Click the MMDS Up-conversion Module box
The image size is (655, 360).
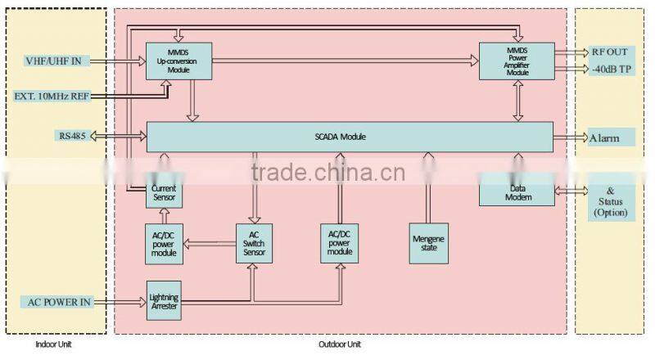pyautogui.click(x=178, y=61)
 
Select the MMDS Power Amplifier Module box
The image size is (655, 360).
pyautogui.click(x=517, y=61)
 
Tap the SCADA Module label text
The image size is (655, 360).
pyautogui.click(x=340, y=137)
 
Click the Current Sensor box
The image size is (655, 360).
pyautogui.click(x=165, y=193)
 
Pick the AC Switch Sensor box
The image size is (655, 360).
pyautogui.click(x=254, y=244)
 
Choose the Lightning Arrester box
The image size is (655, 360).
pyautogui.click(x=164, y=301)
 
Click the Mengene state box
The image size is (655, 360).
pyautogui.click(x=428, y=244)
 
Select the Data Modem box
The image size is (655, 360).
pyautogui.click(x=517, y=193)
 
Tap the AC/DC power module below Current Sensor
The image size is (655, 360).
pyautogui.click(x=164, y=244)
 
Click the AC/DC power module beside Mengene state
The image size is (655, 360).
pyautogui.click(x=339, y=244)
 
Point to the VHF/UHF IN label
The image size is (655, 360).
pyautogui.click(x=53, y=61)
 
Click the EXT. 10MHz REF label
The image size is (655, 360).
pyautogui.click(x=52, y=96)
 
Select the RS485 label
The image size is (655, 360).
pyautogui.click(x=72, y=136)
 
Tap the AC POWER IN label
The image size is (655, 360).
pyautogui.click(x=59, y=302)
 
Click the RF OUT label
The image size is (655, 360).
pyautogui.click(x=609, y=52)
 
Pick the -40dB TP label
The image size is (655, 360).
pyautogui.click(x=612, y=69)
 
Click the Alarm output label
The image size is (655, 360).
pyautogui.click(x=604, y=137)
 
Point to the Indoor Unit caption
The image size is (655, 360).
pyautogui.click(x=53, y=344)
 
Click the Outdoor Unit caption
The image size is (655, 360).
pyautogui.click(x=340, y=344)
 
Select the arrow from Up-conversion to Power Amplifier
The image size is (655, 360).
pyautogui.click(x=345, y=61)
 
